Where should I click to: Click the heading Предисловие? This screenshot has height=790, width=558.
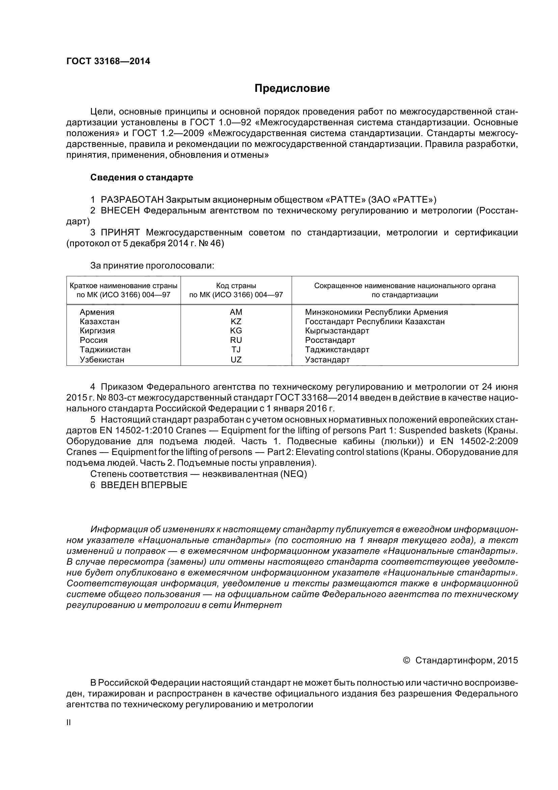292,88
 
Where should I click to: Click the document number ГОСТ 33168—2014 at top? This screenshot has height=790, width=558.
108,61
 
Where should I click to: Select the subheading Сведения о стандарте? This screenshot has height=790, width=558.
141,178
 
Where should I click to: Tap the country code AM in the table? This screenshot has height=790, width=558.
236,312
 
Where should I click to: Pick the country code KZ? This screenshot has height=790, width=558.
236,321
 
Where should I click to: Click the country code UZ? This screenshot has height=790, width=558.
236,360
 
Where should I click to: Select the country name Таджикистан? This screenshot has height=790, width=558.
105,350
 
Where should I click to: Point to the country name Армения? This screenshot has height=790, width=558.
97,312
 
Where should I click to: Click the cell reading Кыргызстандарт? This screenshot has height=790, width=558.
337,331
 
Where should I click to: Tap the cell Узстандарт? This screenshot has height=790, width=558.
327,360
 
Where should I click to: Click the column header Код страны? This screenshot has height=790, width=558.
236,286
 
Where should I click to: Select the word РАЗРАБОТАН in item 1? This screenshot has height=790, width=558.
132,200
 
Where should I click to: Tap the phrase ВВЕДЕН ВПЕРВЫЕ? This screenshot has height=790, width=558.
144,485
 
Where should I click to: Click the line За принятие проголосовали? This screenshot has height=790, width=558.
152,265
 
